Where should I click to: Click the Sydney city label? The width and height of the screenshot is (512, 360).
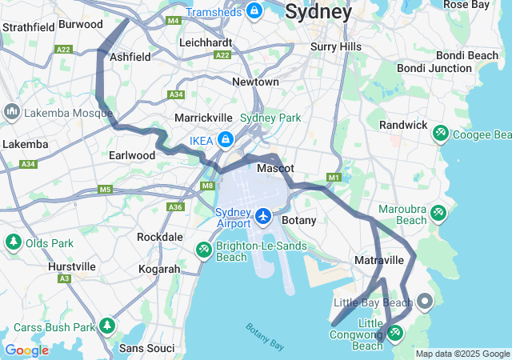pos(318,13)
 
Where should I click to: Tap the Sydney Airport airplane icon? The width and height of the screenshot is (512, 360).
pos(264,215)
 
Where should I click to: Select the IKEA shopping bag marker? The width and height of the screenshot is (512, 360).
pos(226,140)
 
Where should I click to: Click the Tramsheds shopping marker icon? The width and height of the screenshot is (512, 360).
pos(254,11)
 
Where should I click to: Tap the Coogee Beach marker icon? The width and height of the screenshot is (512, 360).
pos(440,133)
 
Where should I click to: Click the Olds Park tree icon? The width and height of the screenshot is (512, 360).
pos(13,242)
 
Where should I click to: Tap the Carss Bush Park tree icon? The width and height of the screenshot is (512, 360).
pos(107,326)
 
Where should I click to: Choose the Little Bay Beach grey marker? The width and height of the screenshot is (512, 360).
pos(424,302)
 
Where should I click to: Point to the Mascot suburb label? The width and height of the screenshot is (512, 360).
pos(275,169)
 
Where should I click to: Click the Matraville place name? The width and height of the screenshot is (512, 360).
pos(379,261)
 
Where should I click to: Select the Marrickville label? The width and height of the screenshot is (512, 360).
pos(203,118)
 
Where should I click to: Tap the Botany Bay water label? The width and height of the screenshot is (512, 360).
pos(265,337)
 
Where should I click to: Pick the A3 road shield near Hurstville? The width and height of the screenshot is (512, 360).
pos(63,278)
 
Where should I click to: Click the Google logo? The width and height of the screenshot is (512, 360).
pos(26,350)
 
